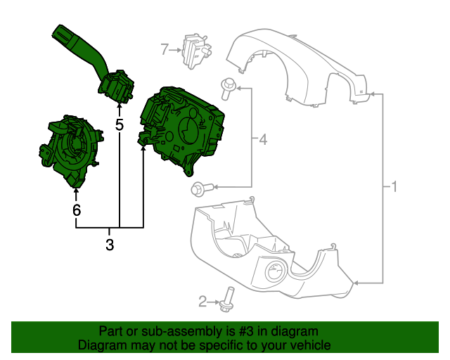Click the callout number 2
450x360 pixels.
pos(202,302)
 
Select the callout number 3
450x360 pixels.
pos(110,245)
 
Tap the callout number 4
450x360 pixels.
pos(263,140)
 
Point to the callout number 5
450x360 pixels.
pos(120,125)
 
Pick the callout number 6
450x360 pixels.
pos(76,209)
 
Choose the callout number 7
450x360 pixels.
pos(165,49)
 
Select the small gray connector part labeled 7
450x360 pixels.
pos(195,51)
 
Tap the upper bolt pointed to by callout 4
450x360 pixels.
pos(228,87)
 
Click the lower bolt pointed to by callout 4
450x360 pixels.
pos(200,188)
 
